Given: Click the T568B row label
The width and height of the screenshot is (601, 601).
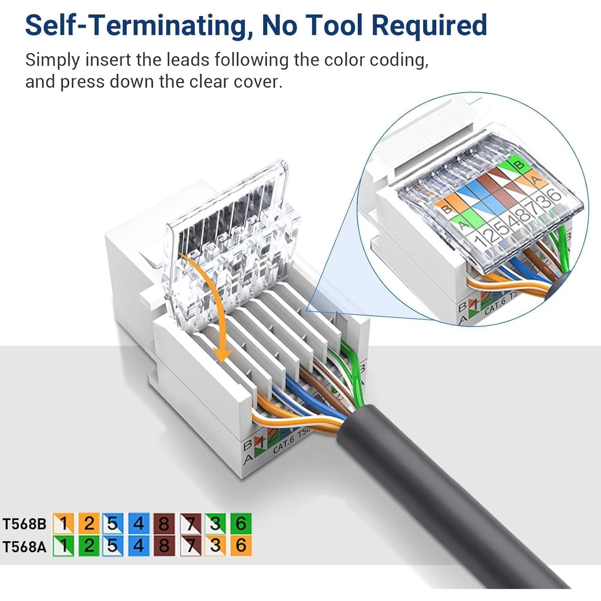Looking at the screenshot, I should [x=25, y=524].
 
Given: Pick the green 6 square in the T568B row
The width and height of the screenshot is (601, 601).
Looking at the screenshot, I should [x=241, y=523].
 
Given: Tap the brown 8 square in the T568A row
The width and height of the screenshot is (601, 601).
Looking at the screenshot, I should [x=164, y=546].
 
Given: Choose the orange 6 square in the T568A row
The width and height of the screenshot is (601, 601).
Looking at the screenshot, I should [x=241, y=546].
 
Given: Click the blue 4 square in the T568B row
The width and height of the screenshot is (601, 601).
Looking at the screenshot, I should [x=139, y=523].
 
